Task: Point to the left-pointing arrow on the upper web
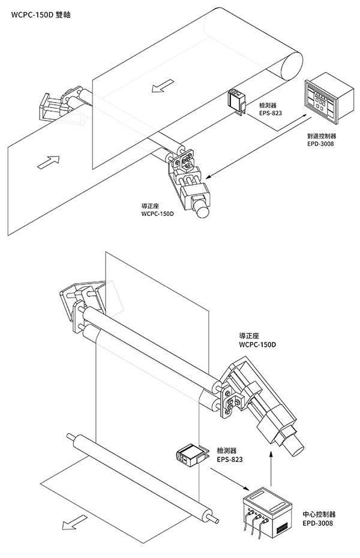158,88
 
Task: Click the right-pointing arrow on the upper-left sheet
50,161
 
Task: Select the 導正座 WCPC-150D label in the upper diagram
157,210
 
